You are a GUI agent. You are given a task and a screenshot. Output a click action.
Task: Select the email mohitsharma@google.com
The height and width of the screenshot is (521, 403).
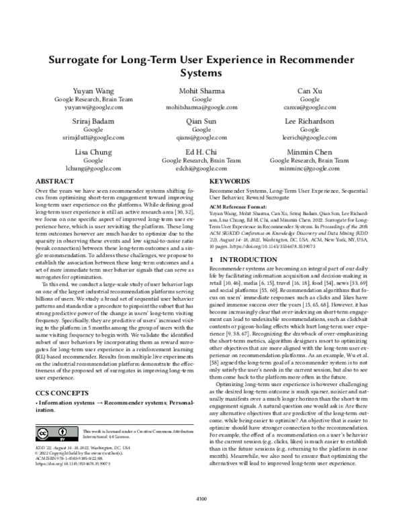click(x=201, y=107)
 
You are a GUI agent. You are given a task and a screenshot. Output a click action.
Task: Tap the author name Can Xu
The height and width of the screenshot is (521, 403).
click(x=310, y=91)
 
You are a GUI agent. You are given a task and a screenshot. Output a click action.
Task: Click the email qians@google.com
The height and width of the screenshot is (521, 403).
click(x=201, y=138)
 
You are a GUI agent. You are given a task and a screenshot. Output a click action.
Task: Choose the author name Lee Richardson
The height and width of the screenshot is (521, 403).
click(x=310, y=122)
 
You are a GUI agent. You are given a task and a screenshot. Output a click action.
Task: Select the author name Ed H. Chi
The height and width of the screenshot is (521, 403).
click(x=201, y=152)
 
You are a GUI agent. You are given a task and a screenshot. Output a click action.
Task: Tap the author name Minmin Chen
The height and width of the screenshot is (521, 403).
click(x=310, y=152)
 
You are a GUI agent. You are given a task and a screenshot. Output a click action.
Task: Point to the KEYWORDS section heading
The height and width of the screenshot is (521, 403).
click(x=230, y=182)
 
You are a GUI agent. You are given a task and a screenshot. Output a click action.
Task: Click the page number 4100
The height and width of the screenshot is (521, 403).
click(x=201, y=498)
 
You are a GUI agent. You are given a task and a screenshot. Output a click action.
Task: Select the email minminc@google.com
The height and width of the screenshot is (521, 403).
click(x=310, y=169)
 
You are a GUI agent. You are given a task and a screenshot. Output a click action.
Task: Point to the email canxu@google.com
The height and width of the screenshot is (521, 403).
click(x=310, y=107)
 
